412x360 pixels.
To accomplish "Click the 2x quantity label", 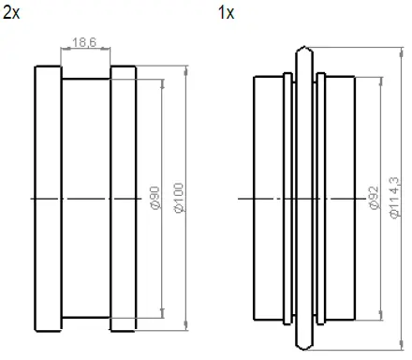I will (x=13, y=12).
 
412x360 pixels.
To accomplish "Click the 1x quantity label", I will (x=226, y=12).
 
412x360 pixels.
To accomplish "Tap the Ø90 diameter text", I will (x=155, y=198).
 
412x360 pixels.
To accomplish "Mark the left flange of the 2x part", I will (x=49, y=199).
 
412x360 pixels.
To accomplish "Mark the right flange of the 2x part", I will (x=125, y=199).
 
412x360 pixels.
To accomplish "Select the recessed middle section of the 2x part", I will (x=86, y=199).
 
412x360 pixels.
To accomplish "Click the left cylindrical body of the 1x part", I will (x=269, y=199).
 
